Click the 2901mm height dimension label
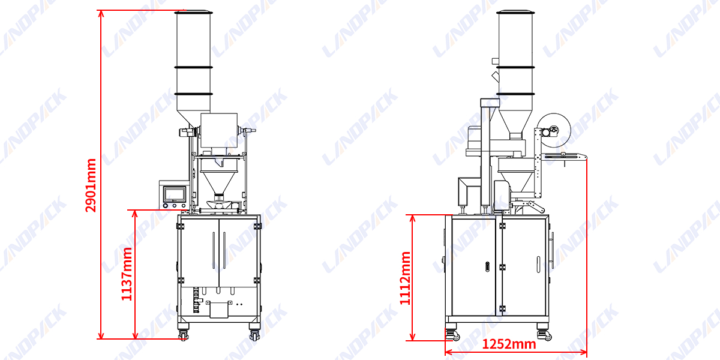point(91,185)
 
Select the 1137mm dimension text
point(127,274)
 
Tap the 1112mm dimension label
point(406,278)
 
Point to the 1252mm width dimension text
point(509,344)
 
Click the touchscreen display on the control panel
point(175,193)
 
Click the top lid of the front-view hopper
point(193,12)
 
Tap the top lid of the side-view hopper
point(516,12)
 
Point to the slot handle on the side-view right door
point(538,263)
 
